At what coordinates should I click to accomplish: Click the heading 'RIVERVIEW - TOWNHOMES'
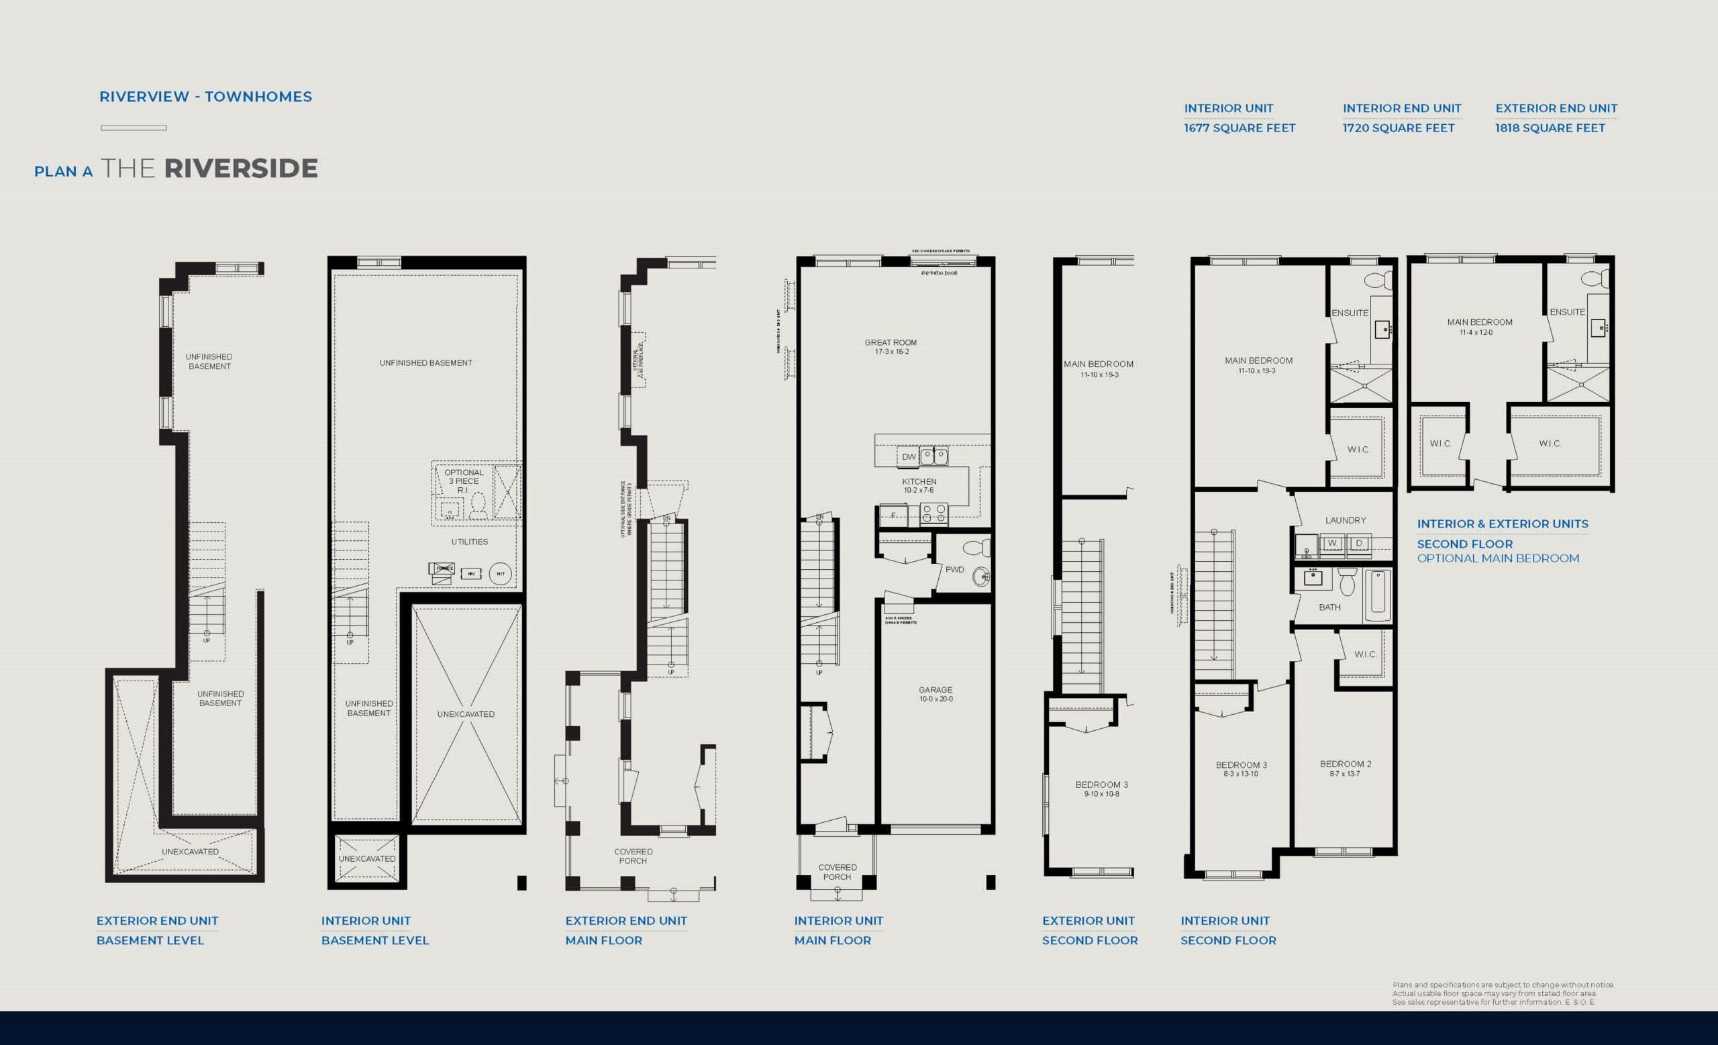click(205, 97)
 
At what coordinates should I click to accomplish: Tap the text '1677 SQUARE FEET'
click(1239, 128)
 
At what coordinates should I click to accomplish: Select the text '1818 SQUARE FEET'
click(1550, 128)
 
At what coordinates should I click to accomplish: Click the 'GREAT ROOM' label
click(891, 343)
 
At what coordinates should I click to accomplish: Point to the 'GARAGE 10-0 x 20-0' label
click(935, 693)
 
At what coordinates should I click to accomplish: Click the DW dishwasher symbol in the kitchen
click(909, 457)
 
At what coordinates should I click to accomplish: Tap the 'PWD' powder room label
click(954, 570)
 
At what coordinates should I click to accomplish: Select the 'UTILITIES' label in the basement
click(469, 542)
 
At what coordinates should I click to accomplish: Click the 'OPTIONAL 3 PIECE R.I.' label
click(464, 481)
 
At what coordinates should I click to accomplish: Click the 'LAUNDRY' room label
click(1345, 520)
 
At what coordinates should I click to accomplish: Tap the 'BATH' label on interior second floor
click(1329, 607)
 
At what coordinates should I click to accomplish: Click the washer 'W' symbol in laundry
click(1331, 543)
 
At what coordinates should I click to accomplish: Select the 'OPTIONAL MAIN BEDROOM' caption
click(1498, 558)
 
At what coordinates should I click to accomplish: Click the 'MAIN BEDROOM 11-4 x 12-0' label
click(1480, 326)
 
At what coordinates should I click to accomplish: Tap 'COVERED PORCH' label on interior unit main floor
click(837, 872)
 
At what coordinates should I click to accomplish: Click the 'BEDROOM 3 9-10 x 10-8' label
click(1101, 789)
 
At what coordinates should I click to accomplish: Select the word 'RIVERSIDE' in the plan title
click(240, 168)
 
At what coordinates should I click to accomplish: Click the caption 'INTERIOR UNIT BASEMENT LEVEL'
click(374, 930)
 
